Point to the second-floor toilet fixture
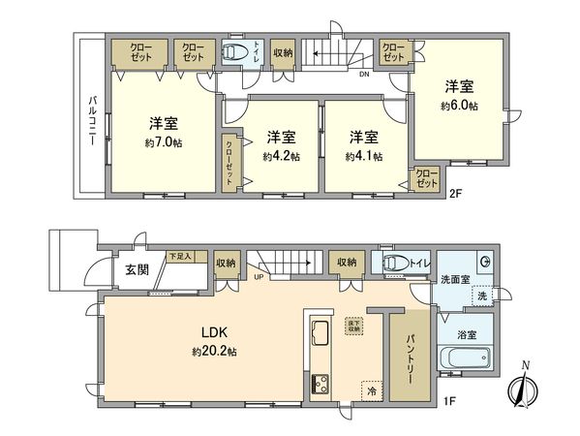[234, 52]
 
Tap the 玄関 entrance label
[137, 269]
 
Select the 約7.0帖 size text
[164, 142]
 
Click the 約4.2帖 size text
[281, 155]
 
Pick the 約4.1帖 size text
[363, 155]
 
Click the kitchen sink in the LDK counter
[321, 335]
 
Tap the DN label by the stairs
[364, 74]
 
